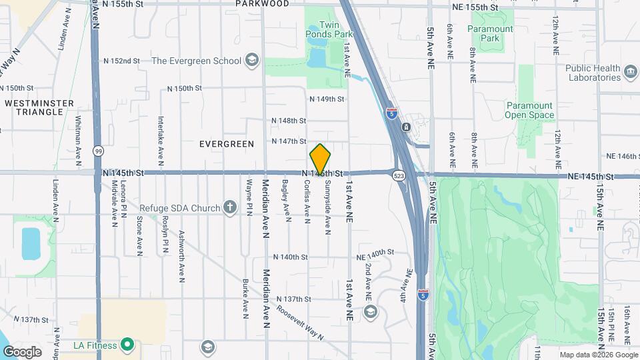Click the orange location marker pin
click(320, 159)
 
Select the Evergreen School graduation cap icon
click(251, 61)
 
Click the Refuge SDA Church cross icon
click(230, 208)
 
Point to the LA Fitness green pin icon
click(127, 345)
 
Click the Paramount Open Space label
click(529, 110)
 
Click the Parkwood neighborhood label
click(263, 4)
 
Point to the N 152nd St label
click(121, 61)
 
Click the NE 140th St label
click(376, 253)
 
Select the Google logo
click(22, 351)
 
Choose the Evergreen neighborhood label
click(227, 144)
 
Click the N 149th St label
click(327, 99)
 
